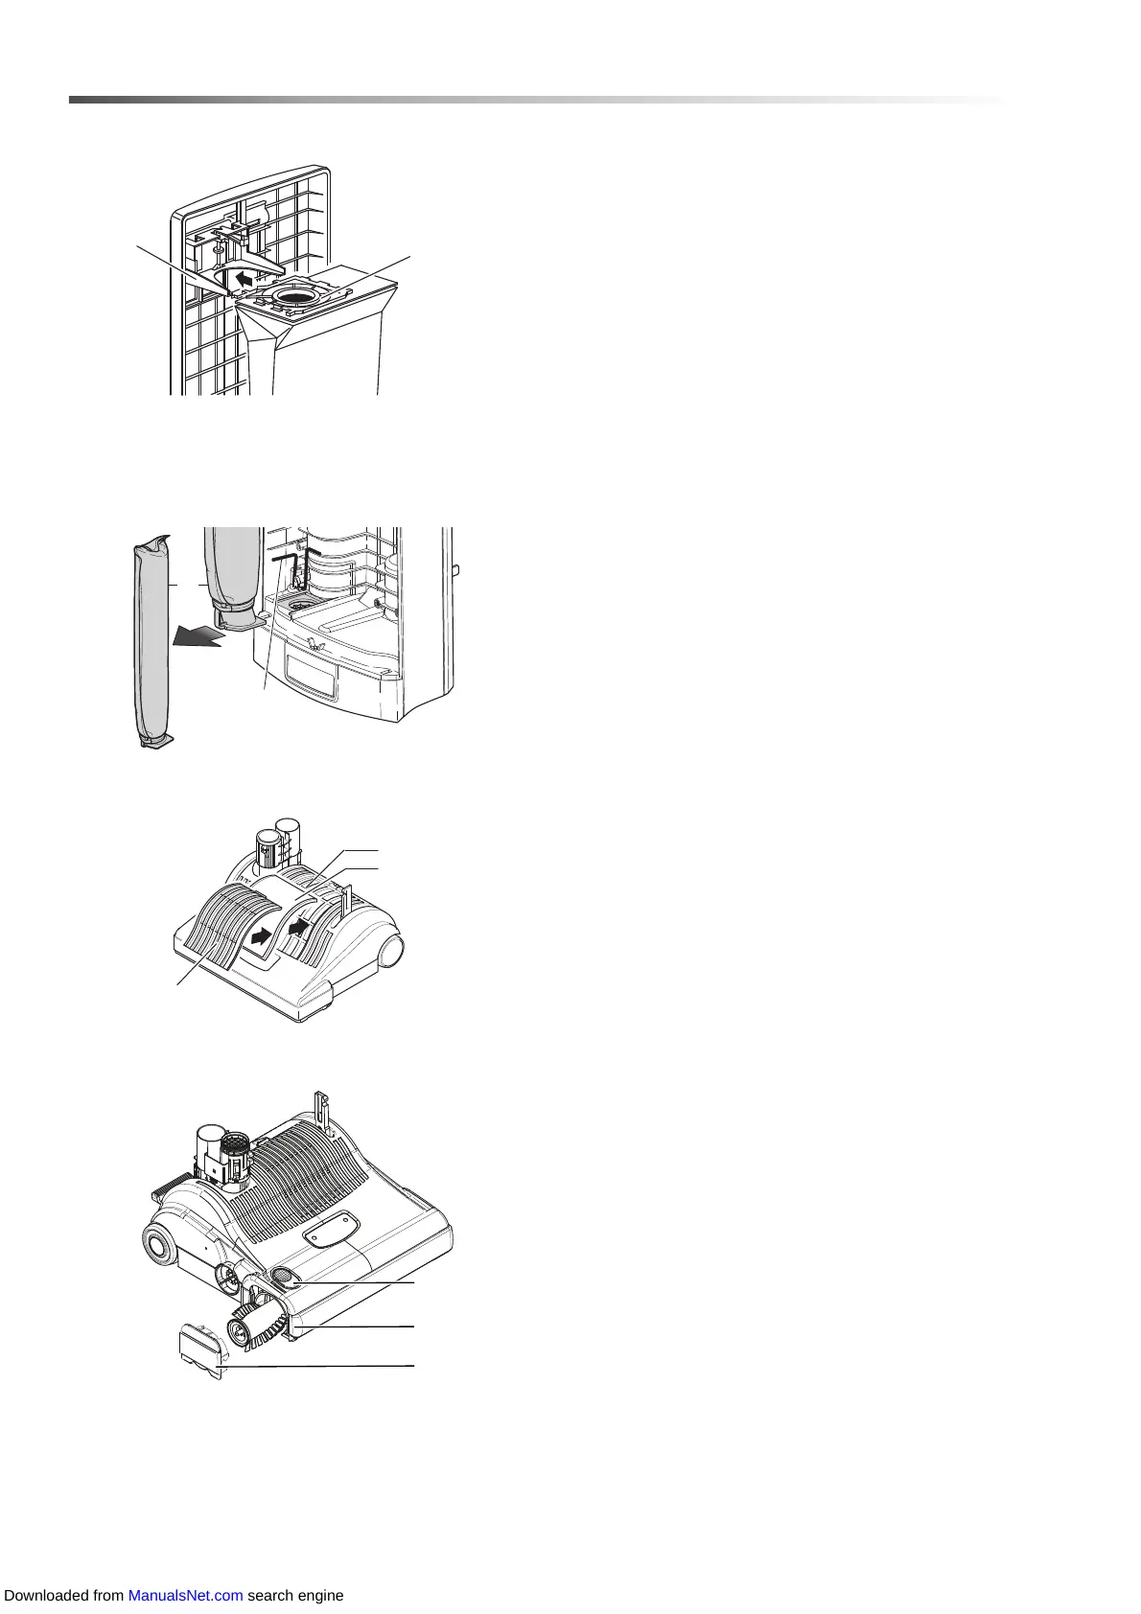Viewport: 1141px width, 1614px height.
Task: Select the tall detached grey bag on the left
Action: click(151, 642)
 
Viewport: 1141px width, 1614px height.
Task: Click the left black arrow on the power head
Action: click(259, 936)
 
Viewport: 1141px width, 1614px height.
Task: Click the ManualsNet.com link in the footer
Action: click(185, 1596)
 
